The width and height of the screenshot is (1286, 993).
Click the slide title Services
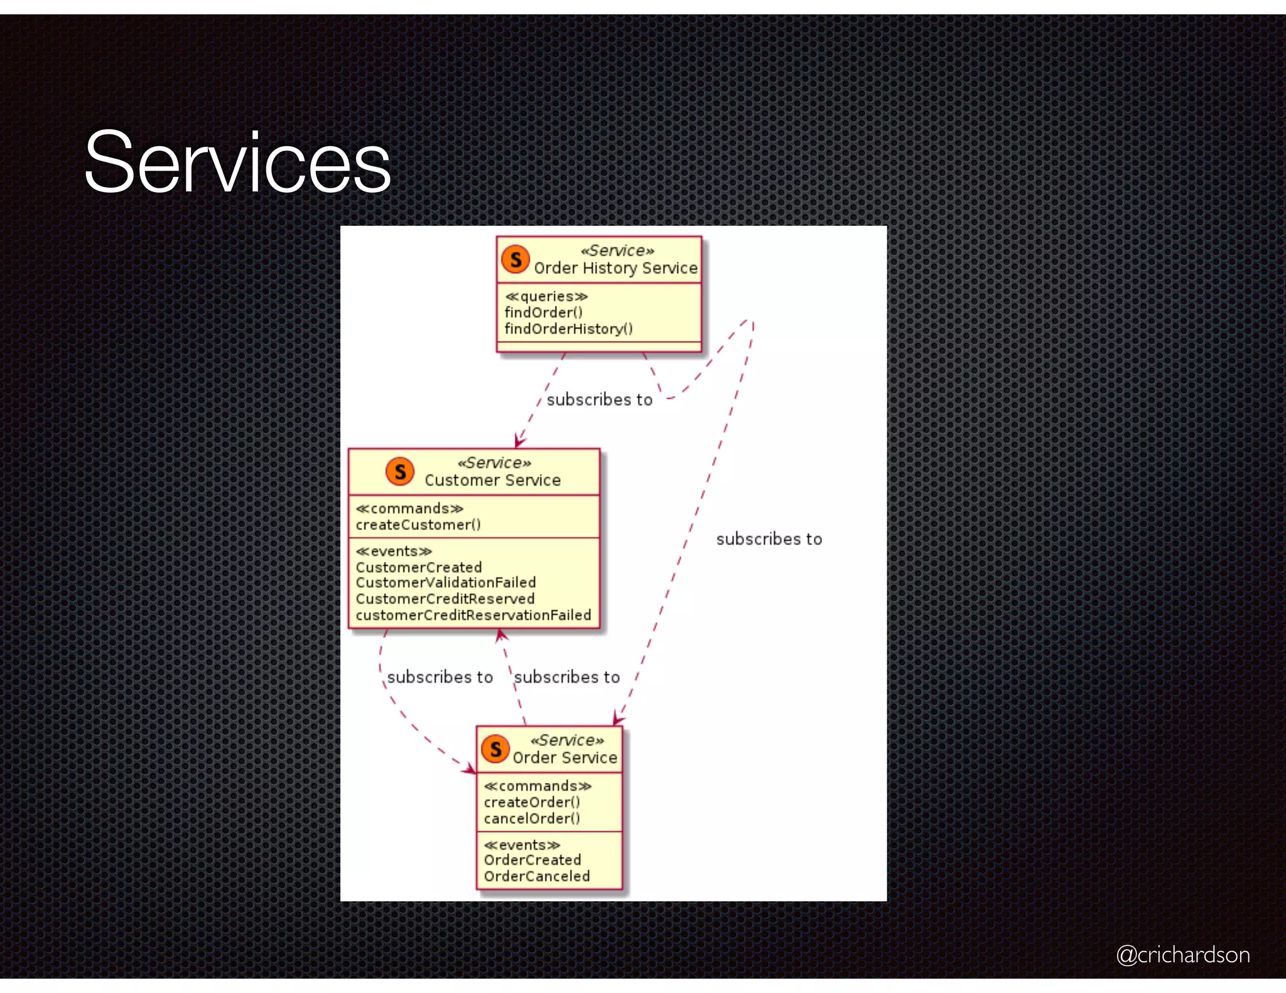click(x=237, y=162)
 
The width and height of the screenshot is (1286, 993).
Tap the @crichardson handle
click(x=1182, y=954)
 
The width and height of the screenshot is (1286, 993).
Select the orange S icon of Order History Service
click(x=516, y=259)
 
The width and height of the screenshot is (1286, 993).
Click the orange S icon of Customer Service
click(x=400, y=471)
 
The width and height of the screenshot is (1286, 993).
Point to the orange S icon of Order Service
click(x=495, y=749)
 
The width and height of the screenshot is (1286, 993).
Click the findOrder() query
click(x=544, y=313)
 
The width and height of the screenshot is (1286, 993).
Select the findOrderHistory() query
click(x=568, y=329)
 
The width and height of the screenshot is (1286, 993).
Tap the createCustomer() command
click(x=418, y=525)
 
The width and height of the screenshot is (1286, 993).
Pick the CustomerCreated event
click(x=419, y=567)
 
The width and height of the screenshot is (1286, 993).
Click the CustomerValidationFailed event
click(x=446, y=583)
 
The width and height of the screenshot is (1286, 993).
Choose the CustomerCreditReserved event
click(x=445, y=599)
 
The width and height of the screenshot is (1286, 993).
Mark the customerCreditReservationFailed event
click(x=473, y=615)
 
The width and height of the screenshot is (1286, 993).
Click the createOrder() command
click(x=532, y=802)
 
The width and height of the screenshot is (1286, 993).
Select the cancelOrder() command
click(x=532, y=819)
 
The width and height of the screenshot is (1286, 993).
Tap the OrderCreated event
click(x=532, y=860)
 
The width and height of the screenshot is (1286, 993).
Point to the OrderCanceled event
click(x=537, y=876)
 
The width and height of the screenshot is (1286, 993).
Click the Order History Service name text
click(x=615, y=269)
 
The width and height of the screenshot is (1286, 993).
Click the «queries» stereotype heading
click(x=546, y=296)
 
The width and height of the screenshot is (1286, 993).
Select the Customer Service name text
click(x=492, y=481)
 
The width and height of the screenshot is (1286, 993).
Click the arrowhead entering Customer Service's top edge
click(x=518, y=442)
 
